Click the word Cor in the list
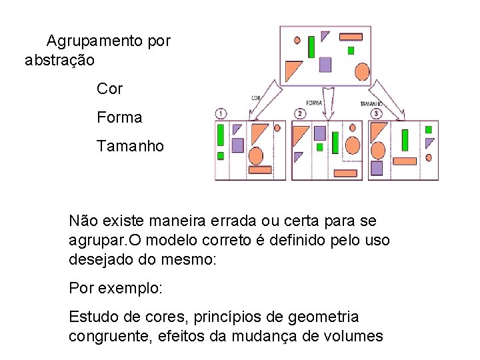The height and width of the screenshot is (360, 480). pyautogui.click(x=109, y=88)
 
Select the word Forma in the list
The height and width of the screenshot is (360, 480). pyautogui.click(x=119, y=117)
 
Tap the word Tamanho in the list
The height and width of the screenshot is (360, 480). pyautogui.click(x=130, y=146)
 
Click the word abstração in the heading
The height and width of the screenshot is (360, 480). pyautogui.click(x=59, y=60)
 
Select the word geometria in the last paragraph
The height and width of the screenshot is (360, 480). pyautogui.click(x=325, y=317)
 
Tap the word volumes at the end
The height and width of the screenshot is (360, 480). pyautogui.click(x=351, y=336)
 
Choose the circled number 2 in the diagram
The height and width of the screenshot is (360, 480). pyautogui.click(x=301, y=113)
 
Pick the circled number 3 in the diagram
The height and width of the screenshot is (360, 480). pyautogui.click(x=377, y=114)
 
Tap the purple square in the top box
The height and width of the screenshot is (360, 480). pyautogui.click(x=325, y=64)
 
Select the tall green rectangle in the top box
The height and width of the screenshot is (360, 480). pyautogui.click(x=311, y=47)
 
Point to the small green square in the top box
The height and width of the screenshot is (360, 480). pyautogui.click(x=351, y=50)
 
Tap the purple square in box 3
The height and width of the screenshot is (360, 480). pyautogui.click(x=377, y=167)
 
